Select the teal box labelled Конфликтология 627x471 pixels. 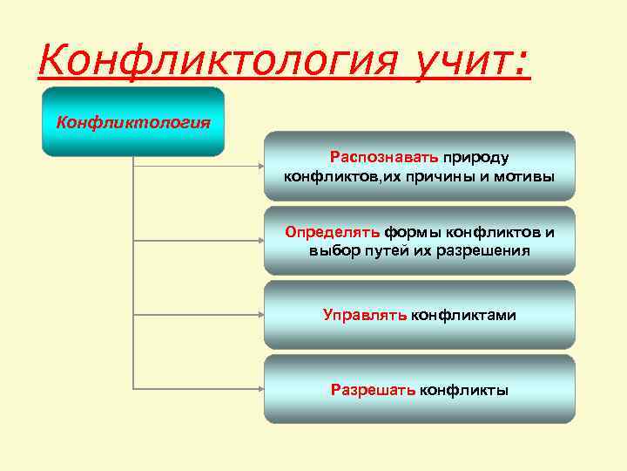coord(133,121)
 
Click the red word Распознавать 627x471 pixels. coord(384,157)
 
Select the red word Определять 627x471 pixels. coord(332,232)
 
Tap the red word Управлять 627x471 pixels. coord(364,315)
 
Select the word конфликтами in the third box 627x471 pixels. coord(463,315)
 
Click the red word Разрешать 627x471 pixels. coord(373,390)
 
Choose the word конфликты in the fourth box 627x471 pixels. coord(464,390)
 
